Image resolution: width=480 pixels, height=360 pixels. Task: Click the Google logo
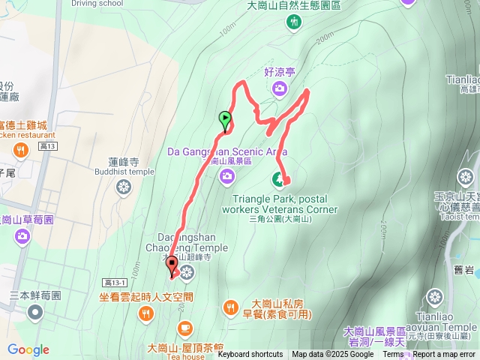click(x=28, y=349)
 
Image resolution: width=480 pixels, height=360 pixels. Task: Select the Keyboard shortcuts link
click(x=250, y=355)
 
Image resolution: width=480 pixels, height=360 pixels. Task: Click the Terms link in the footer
click(x=393, y=355)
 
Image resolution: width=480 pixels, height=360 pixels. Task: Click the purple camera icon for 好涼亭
click(x=280, y=90)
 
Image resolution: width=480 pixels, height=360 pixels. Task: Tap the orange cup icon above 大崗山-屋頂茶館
click(x=184, y=328)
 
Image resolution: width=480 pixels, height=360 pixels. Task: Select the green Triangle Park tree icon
click(x=278, y=179)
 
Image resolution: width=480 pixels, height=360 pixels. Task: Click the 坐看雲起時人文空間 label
click(x=146, y=297)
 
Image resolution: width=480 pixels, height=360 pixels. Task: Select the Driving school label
click(x=97, y=3)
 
